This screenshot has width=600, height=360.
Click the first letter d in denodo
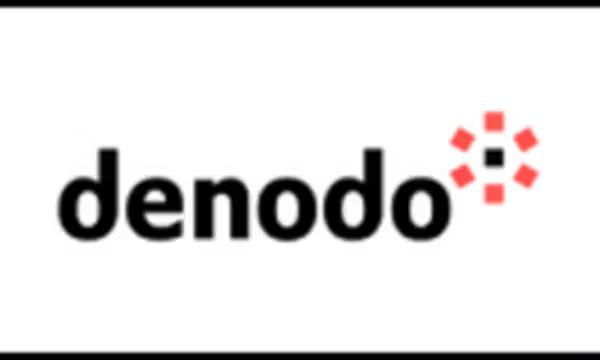(88, 195)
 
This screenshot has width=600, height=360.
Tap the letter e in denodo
(155, 209)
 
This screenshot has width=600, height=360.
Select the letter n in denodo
(222, 209)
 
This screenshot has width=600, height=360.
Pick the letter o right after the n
(287, 209)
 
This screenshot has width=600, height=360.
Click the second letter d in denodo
(353, 195)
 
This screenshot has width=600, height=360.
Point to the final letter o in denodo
(421, 209)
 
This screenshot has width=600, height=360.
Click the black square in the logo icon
(494, 158)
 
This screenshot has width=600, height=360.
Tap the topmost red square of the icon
(494, 121)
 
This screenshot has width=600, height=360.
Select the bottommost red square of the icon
(494, 194)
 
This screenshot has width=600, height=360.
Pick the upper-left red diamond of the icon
(462, 140)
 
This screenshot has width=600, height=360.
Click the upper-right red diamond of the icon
(526, 140)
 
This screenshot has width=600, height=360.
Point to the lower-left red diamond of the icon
(462, 176)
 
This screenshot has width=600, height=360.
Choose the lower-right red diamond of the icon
(526, 176)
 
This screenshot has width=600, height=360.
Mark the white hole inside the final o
(421, 209)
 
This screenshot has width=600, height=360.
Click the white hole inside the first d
(88, 209)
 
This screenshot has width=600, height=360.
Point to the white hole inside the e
(155, 197)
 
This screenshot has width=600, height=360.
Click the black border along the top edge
(300, 3)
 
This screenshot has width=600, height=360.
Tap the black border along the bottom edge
(300, 356)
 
